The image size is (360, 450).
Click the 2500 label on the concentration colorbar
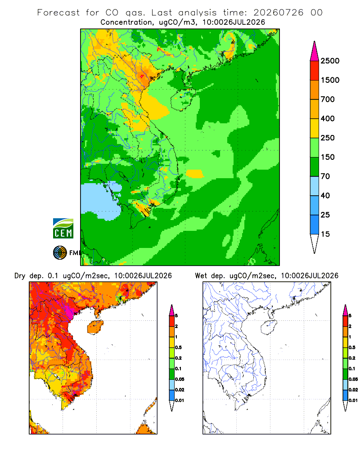[330, 61]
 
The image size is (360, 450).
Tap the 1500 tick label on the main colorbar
[330, 80]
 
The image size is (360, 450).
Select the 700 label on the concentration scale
[328, 99]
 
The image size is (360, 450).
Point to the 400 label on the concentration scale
[328, 118]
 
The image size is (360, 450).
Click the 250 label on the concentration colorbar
[328, 138]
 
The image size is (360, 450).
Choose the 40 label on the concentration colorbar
[325, 195]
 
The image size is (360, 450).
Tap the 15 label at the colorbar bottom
[325, 234]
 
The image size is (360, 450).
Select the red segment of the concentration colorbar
[315, 71]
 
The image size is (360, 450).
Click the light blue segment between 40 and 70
[315, 186]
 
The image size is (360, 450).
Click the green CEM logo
[63, 229]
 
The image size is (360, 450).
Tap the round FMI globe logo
[60, 253]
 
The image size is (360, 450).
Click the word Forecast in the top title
[58, 13]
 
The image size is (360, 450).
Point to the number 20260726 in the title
[278, 13]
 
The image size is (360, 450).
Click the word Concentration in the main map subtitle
[126, 22]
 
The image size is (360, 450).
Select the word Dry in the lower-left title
[20, 276]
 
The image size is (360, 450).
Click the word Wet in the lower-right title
[201, 276]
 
